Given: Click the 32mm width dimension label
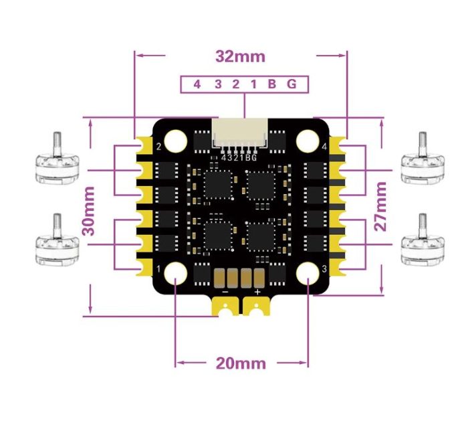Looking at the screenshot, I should pyautogui.click(x=240, y=56).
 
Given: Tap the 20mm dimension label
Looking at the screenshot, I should pyautogui.click(x=240, y=363).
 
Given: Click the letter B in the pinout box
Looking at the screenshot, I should pyautogui.click(x=271, y=84).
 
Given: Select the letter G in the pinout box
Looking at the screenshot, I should pyautogui.click(x=291, y=84).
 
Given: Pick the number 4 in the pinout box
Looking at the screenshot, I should pyautogui.click(x=197, y=84).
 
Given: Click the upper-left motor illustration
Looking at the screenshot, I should pyautogui.click(x=57, y=161).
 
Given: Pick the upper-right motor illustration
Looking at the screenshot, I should pyautogui.click(x=423, y=161).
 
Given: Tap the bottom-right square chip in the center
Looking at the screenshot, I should pyautogui.click(x=261, y=235).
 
